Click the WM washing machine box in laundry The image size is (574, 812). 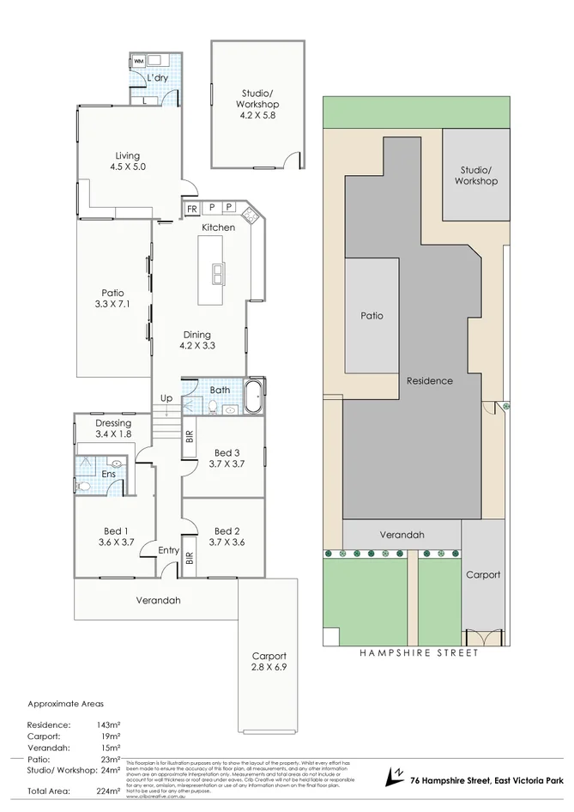pyautogui.click(x=138, y=61)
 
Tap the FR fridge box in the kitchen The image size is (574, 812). pyautogui.click(x=191, y=208)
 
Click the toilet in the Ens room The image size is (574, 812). pyautogui.click(x=83, y=486)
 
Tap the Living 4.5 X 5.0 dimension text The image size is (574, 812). pyautogui.click(x=127, y=167)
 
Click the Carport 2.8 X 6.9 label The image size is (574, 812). pyautogui.click(x=269, y=661)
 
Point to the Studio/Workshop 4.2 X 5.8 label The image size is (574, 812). pyautogui.click(x=258, y=105)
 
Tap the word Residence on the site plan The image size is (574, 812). pyautogui.click(x=429, y=380)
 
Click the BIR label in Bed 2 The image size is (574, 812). pyautogui.click(x=190, y=559)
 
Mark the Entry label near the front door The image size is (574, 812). pyautogui.click(x=169, y=550)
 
